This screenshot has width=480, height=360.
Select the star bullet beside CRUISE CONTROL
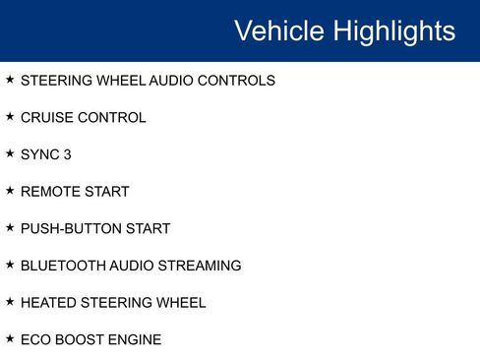(x=10, y=117)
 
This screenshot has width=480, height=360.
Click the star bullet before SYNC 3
(x=10, y=153)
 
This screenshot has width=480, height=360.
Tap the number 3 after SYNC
(x=67, y=154)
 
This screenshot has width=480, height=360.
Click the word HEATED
(x=46, y=303)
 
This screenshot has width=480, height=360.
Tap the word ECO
(x=35, y=339)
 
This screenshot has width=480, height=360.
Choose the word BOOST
(x=80, y=339)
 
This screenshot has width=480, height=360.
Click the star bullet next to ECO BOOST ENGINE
(x=10, y=338)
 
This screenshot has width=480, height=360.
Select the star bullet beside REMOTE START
(x=10, y=191)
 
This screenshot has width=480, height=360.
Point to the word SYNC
(x=39, y=154)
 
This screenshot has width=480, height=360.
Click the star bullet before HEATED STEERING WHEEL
(x=10, y=302)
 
